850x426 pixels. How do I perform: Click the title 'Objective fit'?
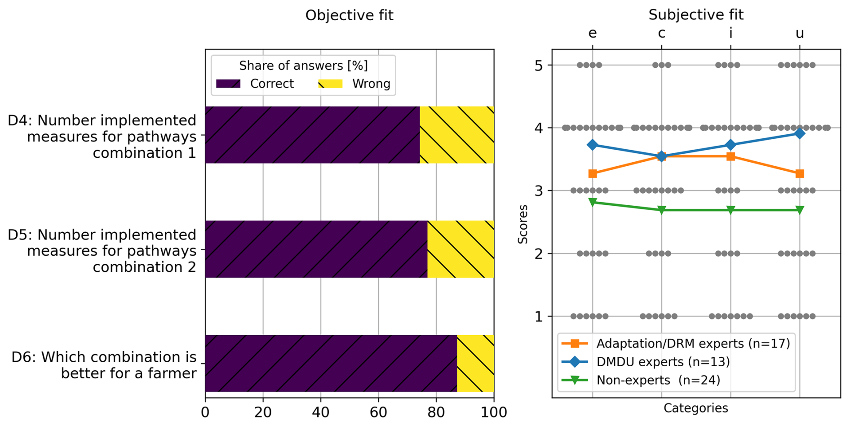[x=349, y=15]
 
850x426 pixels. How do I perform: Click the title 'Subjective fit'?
[x=695, y=15]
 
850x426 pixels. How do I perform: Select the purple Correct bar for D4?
[x=312, y=135]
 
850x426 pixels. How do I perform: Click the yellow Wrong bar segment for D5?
[x=460, y=249]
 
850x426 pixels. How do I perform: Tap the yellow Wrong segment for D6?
[x=475, y=363]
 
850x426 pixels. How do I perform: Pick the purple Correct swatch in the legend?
[x=228, y=84]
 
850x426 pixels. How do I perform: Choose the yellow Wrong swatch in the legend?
[x=330, y=84]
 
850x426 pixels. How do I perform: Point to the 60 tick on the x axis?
[x=378, y=412]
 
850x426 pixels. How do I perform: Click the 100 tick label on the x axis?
[x=494, y=412]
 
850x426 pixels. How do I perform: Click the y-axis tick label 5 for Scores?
[x=539, y=66]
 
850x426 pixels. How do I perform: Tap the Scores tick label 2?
[x=539, y=254]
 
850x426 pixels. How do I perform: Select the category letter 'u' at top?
[x=799, y=33]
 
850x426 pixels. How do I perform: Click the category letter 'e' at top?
[x=593, y=33]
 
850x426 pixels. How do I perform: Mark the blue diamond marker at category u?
[x=799, y=133]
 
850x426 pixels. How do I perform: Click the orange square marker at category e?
[x=593, y=173]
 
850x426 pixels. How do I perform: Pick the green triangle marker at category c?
[x=661, y=210]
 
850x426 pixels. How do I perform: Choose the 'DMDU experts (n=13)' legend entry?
[x=663, y=362]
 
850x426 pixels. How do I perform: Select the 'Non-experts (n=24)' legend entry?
[x=658, y=380]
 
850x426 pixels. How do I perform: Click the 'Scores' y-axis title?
[x=523, y=224]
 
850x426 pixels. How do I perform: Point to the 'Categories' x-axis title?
[x=695, y=408]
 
